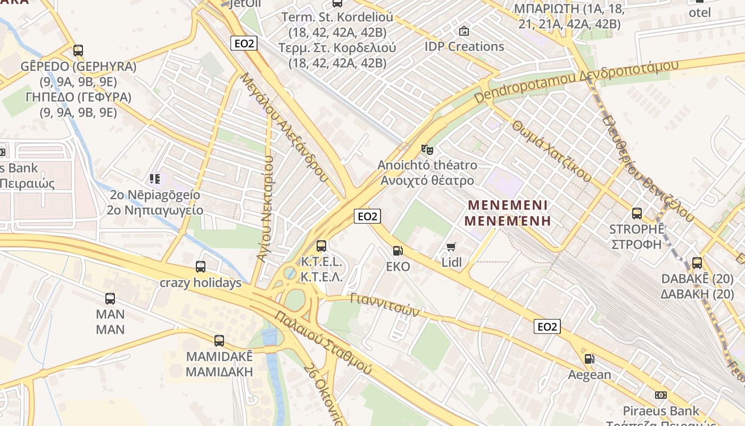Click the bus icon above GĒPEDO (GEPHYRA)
[x=78, y=51]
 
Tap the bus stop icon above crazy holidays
[x=201, y=267]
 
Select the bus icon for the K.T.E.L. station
[x=321, y=246]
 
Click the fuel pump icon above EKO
[x=398, y=251]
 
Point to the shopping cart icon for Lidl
[x=451, y=247]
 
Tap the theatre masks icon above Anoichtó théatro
[x=427, y=150]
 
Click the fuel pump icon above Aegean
[x=589, y=359]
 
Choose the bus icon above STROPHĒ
[x=637, y=214]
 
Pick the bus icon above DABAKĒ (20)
[x=697, y=263]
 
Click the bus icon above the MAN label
[x=110, y=299]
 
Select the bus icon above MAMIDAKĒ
[x=219, y=341]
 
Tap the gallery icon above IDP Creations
[x=464, y=31]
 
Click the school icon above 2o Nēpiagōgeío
[x=155, y=179]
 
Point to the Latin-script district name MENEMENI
[x=508, y=205]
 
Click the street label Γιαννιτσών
[x=385, y=305]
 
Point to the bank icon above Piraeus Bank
[x=661, y=395]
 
